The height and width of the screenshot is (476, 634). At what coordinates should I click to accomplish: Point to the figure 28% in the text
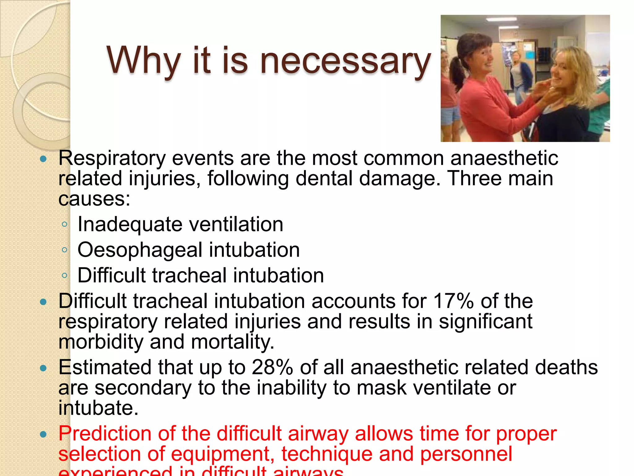coord(272,368)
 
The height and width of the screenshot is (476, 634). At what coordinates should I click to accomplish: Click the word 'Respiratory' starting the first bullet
coord(112,159)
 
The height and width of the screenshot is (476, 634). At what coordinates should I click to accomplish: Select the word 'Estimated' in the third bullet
coord(105,368)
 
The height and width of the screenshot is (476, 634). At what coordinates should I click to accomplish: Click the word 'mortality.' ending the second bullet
coord(232,342)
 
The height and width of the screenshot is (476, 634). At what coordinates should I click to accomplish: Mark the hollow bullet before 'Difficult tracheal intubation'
coord(64,275)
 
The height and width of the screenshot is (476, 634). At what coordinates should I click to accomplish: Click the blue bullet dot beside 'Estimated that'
coord(43,368)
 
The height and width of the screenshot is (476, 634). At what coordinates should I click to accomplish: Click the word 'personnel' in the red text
coord(466,454)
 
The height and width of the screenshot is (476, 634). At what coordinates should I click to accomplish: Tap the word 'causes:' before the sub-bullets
coord(94,199)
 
